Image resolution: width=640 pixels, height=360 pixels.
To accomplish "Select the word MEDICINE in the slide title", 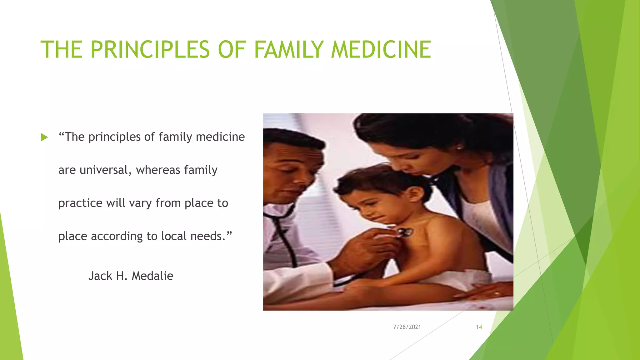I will pos(381,50).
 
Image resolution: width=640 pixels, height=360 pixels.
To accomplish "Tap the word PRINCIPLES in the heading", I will pos(150,50).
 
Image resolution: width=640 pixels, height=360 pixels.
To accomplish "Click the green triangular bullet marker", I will pos(45,137).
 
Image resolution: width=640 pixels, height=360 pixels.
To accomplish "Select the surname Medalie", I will pos(152,276).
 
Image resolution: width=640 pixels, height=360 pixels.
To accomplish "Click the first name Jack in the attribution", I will pos(100,276).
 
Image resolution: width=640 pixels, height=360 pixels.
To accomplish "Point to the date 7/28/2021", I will pos(407,327).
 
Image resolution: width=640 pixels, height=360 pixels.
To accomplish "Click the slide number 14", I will pos(479,327).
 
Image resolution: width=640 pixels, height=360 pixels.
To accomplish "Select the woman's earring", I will pos(458,147).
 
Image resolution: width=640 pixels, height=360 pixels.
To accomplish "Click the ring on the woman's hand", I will pos(497,293).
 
